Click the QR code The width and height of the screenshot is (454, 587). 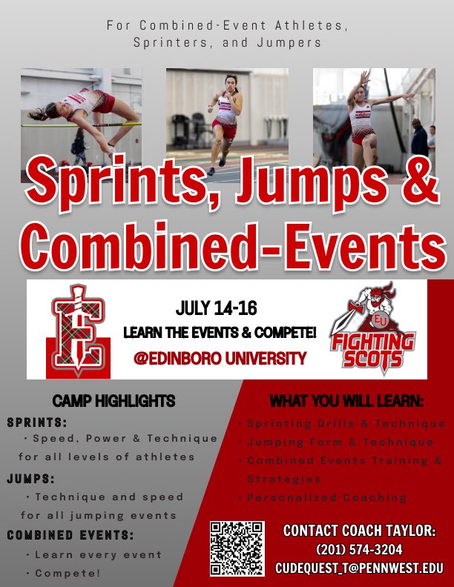click(237, 549)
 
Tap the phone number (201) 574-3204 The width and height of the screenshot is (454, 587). click(359, 550)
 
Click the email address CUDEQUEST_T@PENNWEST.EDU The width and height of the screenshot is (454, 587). click(359, 568)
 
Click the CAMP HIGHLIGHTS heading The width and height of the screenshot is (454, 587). click(113, 402)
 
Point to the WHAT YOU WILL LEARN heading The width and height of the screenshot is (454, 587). click(346, 402)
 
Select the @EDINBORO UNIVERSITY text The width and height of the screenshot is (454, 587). click(220, 359)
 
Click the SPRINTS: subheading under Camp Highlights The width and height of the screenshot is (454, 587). click(37, 423)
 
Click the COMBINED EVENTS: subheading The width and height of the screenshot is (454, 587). click(70, 535)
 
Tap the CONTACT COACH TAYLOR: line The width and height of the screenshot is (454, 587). click(359, 531)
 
